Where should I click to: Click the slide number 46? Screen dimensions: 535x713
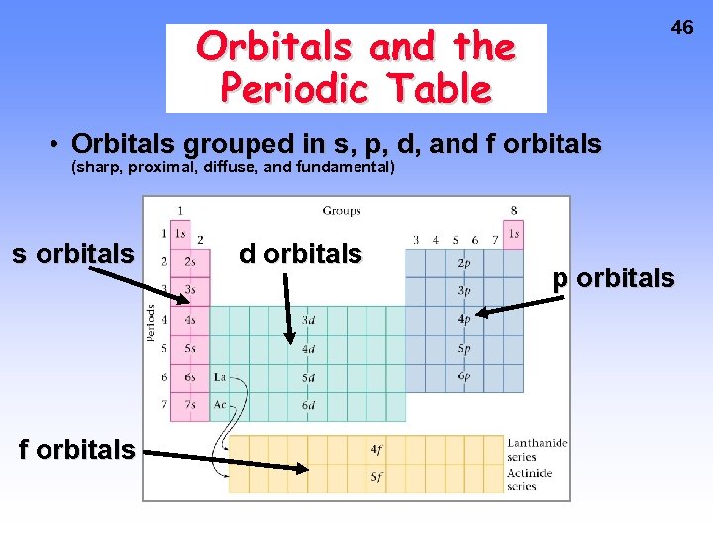[x=682, y=28]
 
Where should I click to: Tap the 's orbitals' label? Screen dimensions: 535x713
[x=72, y=254]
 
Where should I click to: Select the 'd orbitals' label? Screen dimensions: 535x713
[x=300, y=254]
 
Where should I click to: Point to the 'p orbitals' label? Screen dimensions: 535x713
[x=614, y=278]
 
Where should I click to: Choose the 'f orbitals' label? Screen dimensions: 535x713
[x=76, y=449]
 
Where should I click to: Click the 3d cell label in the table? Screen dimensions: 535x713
[x=309, y=320]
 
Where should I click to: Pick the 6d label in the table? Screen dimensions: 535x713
[x=309, y=405]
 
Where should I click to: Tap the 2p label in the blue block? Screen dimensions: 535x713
[x=464, y=264]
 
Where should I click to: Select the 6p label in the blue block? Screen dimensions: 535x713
[x=464, y=376]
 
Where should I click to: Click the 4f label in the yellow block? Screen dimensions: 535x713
[x=377, y=449]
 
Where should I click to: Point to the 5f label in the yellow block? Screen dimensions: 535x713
[x=377, y=477]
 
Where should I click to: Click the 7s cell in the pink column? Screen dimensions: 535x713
[x=189, y=405]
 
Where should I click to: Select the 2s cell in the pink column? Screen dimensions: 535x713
[x=189, y=263]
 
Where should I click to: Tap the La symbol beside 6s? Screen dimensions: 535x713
[x=220, y=377]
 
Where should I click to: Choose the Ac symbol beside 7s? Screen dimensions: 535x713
[x=220, y=405]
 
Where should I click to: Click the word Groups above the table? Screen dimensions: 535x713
[x=342, y=210]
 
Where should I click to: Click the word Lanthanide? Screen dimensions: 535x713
[x=538, y=443]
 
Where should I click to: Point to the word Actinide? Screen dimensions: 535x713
[x=531, y=472]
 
